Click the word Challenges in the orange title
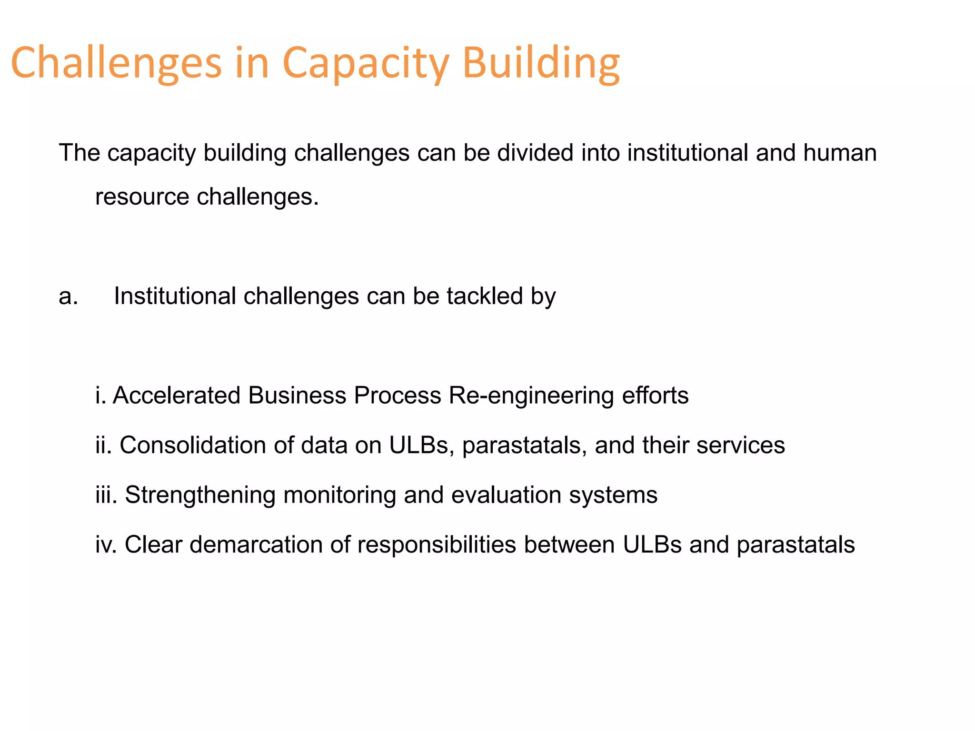pos(116,63)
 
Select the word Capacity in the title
pos(366,63)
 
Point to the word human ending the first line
pos(840,153)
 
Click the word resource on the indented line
pos(142,197)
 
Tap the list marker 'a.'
pos(68,296)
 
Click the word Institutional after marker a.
pos(175,296)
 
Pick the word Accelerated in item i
pos(177,396)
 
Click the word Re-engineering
pos(531,396)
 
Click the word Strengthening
pos(200,495)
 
